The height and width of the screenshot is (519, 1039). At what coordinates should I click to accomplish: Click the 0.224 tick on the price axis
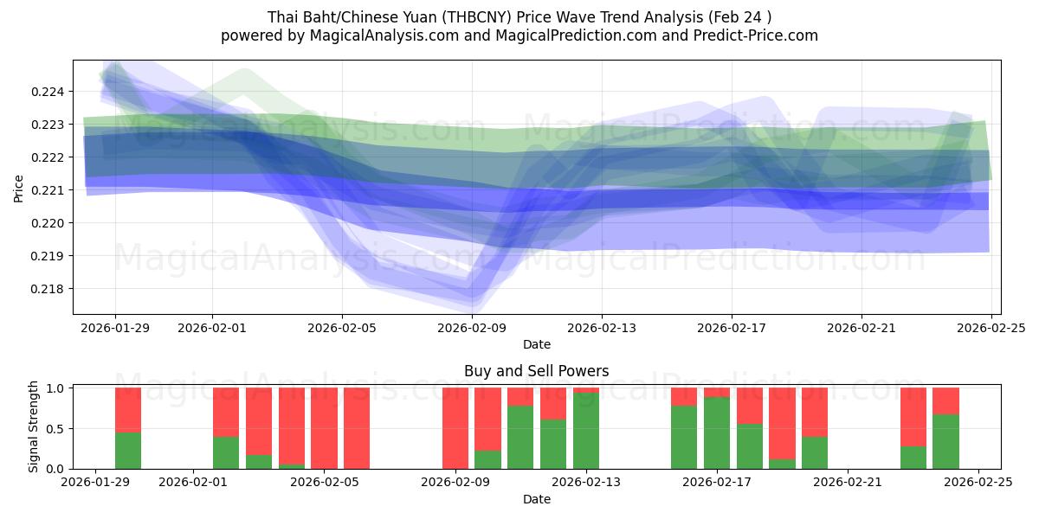(x=48, y=92)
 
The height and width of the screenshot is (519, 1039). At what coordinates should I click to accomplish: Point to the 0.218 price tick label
(x=48, y=289)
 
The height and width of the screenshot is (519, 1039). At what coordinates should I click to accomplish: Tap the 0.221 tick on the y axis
(x=48, y=190)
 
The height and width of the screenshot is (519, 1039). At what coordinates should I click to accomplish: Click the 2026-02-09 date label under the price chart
(x=472, y=328)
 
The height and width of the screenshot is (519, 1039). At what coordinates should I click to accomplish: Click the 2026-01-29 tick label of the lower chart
(x=96, y=483)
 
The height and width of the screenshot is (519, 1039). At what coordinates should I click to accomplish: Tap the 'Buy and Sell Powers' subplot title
(x=536, y=371)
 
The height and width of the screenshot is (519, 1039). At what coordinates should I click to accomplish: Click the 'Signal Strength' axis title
(x=33, y=426)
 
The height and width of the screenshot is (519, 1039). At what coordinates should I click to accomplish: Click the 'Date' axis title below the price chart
(x=536, y=344)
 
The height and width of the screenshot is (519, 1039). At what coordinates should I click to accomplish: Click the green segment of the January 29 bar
(x=128, y=451)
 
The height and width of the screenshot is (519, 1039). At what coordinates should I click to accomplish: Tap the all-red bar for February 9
(x=455, y=428)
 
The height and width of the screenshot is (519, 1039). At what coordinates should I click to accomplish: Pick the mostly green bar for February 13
(x=586, y=431)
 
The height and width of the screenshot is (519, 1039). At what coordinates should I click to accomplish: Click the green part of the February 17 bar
(x=717, y=433)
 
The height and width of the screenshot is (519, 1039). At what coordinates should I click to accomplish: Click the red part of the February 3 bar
(x=259, y=420)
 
